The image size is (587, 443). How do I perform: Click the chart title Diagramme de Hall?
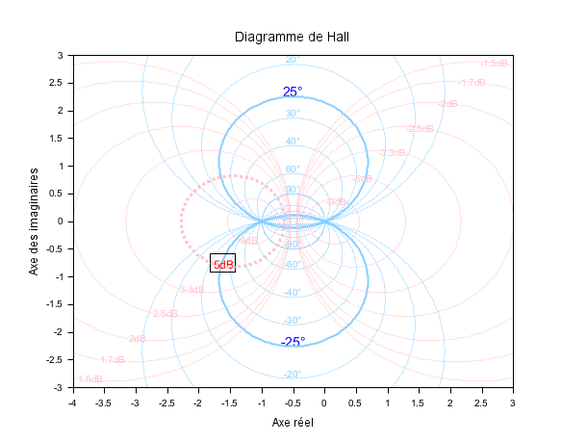tap(293, 37)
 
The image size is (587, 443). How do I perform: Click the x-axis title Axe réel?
tap(293, 423)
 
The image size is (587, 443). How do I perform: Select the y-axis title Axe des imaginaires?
tap(35, 221)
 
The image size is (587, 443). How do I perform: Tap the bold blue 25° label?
tap(293, 92)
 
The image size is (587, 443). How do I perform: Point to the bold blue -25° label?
tap(293, 342)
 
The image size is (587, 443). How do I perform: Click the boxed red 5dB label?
tap(222, 264)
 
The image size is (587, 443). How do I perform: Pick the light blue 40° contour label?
tap(293, 142)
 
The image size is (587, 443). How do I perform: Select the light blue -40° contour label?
tap(293, 293)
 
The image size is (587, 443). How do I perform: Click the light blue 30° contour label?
tap(293, 114)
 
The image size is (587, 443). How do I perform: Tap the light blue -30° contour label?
tap(293, 321)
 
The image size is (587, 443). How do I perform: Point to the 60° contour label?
tap(293, 169)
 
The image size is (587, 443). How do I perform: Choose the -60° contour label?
tap(293, 265)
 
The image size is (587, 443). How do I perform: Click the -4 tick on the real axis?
tap(72, 403)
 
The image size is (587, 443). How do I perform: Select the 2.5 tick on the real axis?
tap(481, 403)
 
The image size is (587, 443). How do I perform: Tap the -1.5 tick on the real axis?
tap(229, 403)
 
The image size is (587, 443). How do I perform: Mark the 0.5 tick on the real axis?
tap(355, 403)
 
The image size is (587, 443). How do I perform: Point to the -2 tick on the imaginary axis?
tap(58, 332)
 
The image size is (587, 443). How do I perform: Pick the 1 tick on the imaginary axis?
tap(61, 167)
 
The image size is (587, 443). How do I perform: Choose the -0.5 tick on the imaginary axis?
tap(56, 249)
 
